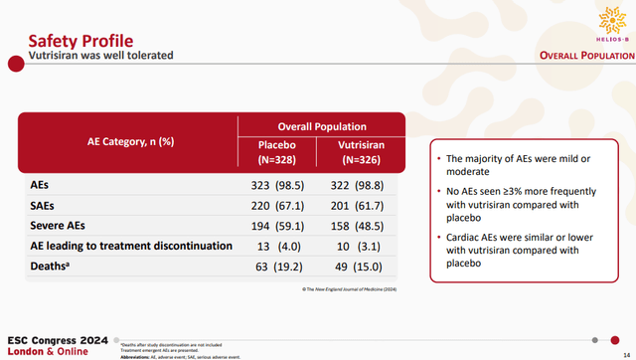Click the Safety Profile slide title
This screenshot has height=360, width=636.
80,41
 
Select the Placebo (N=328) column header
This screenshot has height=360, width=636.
270,152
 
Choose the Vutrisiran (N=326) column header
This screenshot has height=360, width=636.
362,152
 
